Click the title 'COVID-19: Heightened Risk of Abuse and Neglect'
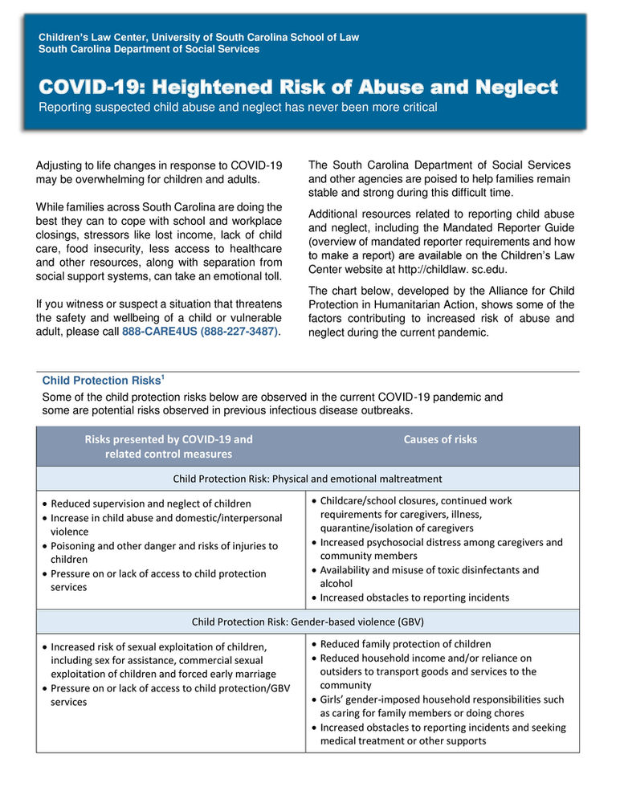click(x=298, y=87)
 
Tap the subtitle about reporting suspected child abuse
click(x=238, y=108)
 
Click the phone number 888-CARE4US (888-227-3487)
click(x=200, y=332)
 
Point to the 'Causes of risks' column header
click(x=440, y=439)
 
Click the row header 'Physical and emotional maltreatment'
click(x=308, y=479)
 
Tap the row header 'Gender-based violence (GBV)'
click(x=308, y=622)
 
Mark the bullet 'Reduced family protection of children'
click(x=405, y=644)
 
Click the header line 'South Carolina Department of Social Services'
click(x=149, y=50)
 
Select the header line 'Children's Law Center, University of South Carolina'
click(x=198, y=38)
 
